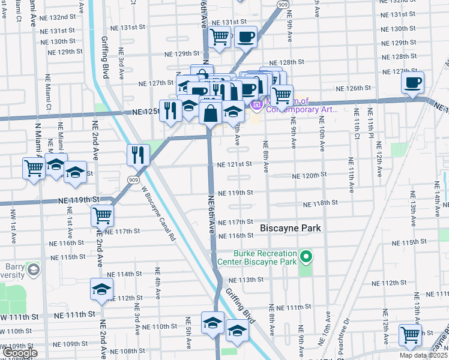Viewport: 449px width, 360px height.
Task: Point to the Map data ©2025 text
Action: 423,355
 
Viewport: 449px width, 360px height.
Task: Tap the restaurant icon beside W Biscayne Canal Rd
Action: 138,155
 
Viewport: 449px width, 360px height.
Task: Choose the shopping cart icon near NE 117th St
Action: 103,214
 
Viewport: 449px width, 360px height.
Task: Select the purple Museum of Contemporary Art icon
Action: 257,106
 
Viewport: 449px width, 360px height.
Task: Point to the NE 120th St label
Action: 309,175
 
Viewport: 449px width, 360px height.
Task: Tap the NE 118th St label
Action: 321,204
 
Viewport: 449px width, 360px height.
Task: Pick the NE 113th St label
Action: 246,280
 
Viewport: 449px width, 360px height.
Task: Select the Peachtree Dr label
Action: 345,338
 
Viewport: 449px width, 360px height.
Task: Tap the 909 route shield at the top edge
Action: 283,4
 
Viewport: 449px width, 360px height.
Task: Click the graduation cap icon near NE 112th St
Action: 101,290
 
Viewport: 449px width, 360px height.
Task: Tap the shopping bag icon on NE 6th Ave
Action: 211,112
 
